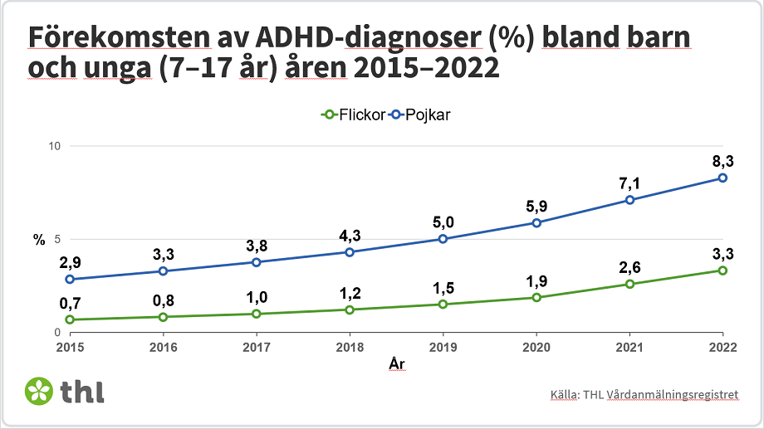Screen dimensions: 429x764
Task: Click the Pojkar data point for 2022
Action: (722, 178)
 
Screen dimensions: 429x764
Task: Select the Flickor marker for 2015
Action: (70, 319)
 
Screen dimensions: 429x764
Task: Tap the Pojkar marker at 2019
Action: (443, 239)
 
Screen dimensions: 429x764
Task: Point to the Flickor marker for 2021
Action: (629, 284)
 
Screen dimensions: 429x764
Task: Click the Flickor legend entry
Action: (352, 115)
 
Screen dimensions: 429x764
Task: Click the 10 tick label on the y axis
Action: (56, 146)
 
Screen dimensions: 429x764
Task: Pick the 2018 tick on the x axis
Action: (350, 346)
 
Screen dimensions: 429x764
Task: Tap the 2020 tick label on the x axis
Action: (536, 346)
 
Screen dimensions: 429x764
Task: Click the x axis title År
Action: (396, 363)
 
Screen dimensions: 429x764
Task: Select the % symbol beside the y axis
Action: (39, 240)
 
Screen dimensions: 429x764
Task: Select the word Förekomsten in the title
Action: (115, 39)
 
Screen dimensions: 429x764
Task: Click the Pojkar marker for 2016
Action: (163, 271)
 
